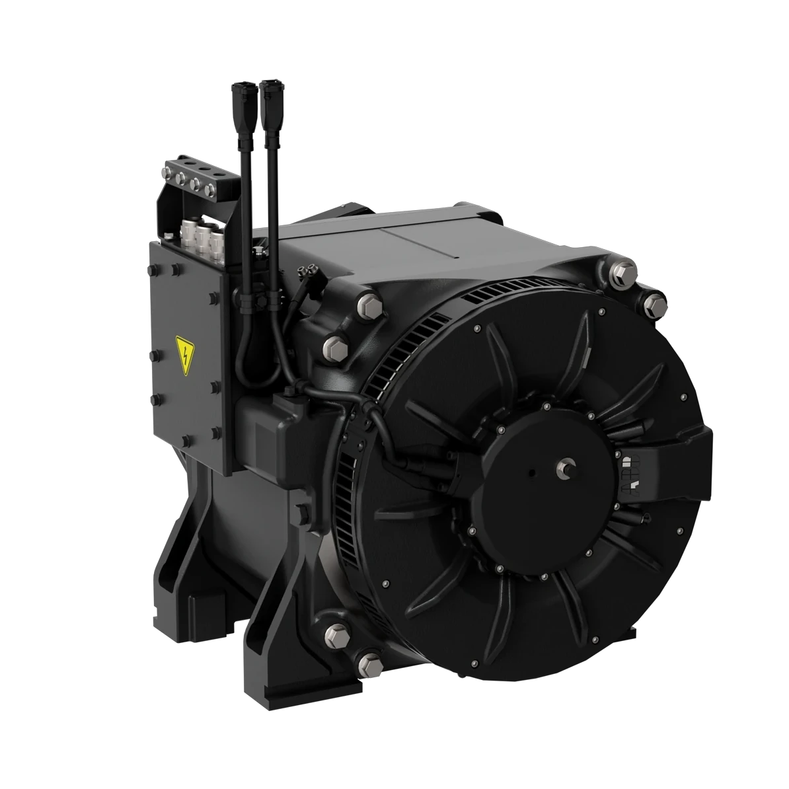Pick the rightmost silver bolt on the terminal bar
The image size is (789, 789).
210,192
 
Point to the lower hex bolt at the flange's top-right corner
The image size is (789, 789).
654,303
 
